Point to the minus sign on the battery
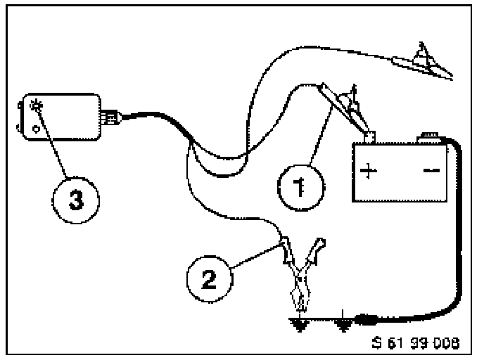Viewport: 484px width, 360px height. tap(430, 171)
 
